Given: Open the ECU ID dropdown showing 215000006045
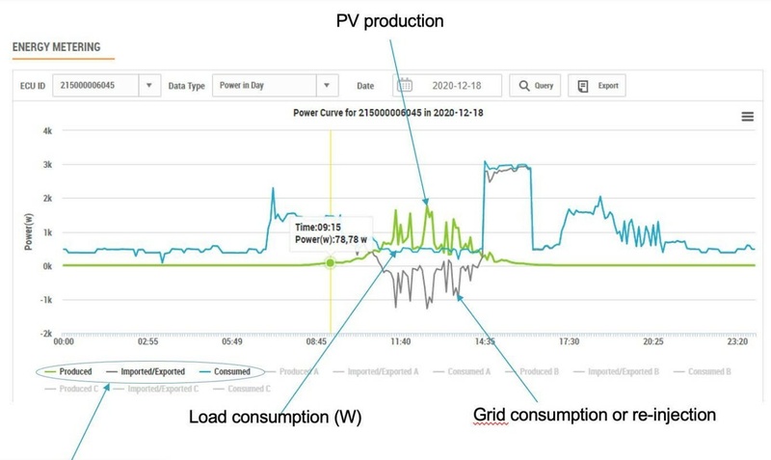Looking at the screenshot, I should (x=105, y=86).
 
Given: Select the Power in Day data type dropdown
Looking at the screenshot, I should (x=275, y=86).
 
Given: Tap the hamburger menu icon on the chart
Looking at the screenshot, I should (x=747, y=117).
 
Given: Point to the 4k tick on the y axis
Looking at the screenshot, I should (x=45, y=130).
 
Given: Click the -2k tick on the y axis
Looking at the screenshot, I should (x=43, y=334).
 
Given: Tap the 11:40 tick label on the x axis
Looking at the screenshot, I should (x=400, y=341).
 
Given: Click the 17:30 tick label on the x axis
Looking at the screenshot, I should (x=569, y=341).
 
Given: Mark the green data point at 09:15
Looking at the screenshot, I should (x=331, y=262).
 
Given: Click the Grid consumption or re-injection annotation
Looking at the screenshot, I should (x=594, y=416).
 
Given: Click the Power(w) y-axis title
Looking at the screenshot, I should (x=30, y=231).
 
